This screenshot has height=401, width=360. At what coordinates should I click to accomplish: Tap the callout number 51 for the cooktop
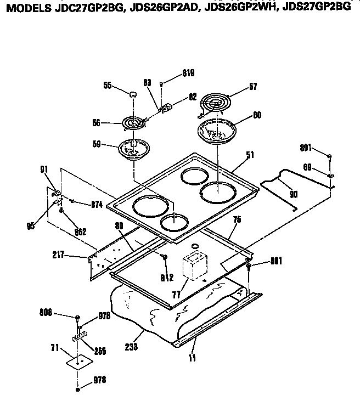tap(250, 155)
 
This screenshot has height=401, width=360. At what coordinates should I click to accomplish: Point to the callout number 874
tap(97, 205)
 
